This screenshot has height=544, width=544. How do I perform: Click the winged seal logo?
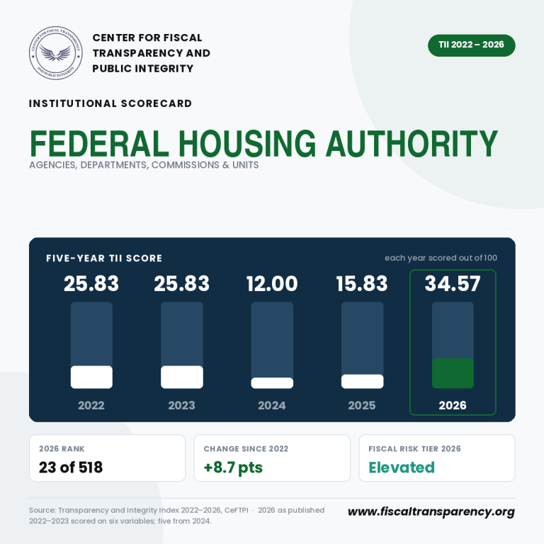[55, 53]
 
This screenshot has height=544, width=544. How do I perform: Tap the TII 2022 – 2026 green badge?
[471, 45]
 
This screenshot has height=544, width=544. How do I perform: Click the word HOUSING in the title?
[247, 143]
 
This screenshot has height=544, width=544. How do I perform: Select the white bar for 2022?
[91, 377]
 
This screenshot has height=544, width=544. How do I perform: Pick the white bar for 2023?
[182, 377]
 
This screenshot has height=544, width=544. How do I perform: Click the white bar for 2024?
[272, 383]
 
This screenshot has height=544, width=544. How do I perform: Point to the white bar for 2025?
[362, 381]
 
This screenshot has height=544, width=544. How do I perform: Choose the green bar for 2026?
[453, 373]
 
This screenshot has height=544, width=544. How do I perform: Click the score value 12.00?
[272, 283]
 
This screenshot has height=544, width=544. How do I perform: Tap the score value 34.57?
[453, 283]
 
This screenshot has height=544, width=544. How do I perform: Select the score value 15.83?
[362, 283]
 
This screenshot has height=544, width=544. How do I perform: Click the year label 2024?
[272, 405]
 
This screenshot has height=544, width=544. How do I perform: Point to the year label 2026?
[453, 405]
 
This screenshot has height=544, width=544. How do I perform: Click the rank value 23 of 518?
[71, 467]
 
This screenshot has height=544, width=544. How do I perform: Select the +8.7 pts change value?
[233, 467]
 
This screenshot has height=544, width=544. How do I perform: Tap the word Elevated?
[402, 467]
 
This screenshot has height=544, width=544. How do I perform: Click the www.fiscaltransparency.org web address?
[431, 511]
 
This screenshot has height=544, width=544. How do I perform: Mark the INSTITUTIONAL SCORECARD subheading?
[110, 103]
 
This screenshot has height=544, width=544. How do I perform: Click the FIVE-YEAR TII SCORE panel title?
[104, 258]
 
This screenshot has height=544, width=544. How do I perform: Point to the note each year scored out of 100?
[441, 258]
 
